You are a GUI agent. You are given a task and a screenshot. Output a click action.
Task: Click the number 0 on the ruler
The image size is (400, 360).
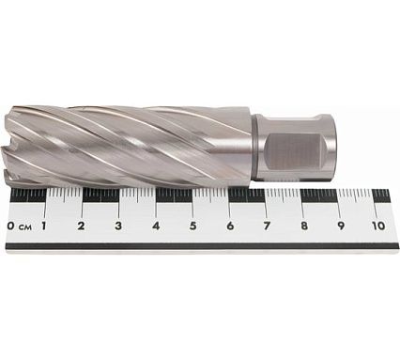pyautogui.click(x=10, y=226)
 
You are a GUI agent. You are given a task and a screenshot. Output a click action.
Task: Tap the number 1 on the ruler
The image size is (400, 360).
pyautogui.click(x=44, y=226)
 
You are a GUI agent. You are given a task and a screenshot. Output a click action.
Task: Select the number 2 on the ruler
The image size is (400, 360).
pyautogui.click(x=81, y=226)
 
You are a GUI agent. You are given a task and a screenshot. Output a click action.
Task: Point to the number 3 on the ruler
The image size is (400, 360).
pyautogui.click(x=118, y=226)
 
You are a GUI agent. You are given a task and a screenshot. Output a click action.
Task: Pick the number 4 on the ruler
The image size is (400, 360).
pyautogui.click(x=156, y=226)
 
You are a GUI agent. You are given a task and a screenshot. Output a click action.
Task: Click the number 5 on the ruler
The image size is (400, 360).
pyautogui.click(x=192, y=226)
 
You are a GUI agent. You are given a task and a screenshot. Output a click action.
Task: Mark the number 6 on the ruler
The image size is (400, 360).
pyautogui.click(x=230, y=226)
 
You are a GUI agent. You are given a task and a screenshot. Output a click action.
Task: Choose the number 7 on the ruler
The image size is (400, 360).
pyautogui.click(x=267, y=226)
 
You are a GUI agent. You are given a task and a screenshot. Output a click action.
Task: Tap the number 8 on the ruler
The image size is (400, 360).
pyautogui.click(x=304, y=226)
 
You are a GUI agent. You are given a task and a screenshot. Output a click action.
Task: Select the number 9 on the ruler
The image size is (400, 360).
pyautogui.click(x=341, y=226)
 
